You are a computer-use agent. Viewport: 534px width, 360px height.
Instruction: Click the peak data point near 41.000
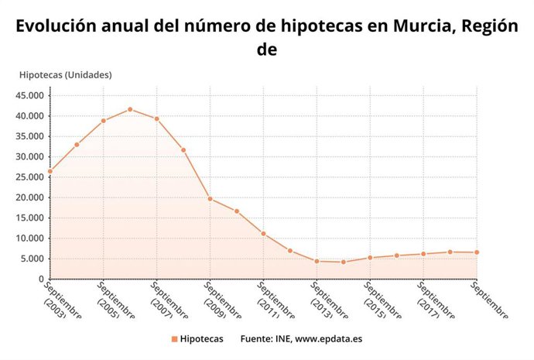tap(130, 109)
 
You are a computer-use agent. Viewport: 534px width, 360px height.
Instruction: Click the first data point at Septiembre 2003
tap(50, 171)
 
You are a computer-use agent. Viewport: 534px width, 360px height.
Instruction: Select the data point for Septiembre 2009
tap(210, 199)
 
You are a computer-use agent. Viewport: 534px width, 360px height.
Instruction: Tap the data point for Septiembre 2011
tap(263, 234)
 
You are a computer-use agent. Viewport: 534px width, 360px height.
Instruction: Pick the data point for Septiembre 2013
tap(317, 261)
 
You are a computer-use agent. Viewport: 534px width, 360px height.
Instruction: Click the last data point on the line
tap(477, 252)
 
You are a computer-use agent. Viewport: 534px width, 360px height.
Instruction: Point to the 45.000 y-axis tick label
tap(29, 96)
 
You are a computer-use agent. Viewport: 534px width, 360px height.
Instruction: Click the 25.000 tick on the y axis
tap(29, 177)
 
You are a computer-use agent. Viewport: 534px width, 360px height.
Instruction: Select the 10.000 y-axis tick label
tap(29, 238)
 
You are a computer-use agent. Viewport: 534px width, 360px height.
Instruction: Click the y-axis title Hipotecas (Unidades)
tap(65, 75)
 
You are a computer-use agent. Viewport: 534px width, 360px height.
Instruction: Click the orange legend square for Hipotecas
tap(174, 339)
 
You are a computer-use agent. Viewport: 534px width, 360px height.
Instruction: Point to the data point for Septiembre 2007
tap(156, 118)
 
